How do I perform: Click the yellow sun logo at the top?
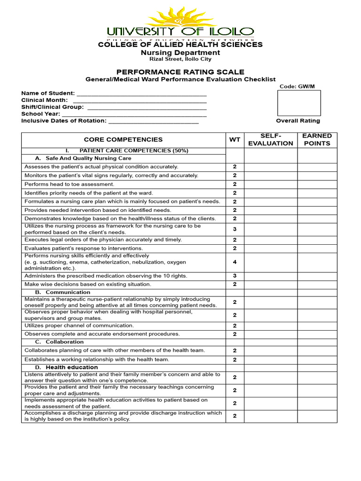click(x=180, y=16)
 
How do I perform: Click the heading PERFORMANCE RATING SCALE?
click(x=180, y=72)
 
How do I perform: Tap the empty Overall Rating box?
click(x=299, y=103)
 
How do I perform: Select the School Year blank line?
click(x=134, y=114)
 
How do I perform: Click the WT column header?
click(x=235, y=140)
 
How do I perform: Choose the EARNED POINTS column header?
click(x=317, y=140)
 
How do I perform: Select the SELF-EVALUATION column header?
click(x=270, y=140)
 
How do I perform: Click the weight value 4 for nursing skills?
click(x=235, y=262)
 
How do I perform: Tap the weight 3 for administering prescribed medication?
click(x=235, y=276)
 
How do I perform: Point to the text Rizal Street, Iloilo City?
click(x=180, y=59)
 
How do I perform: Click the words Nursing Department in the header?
click(x=180, y=53)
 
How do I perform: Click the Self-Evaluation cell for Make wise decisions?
click(x=270, y=285)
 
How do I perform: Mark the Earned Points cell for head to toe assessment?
click(x=317, y=184)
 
